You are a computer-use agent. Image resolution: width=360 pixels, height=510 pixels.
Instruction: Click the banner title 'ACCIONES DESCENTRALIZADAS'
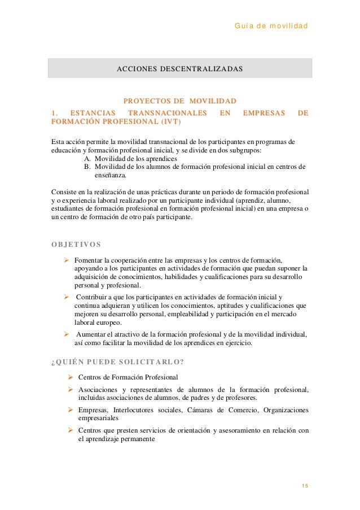pos(179,69)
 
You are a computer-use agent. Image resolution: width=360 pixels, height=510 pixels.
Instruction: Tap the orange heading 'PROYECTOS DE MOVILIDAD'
pos(179,101)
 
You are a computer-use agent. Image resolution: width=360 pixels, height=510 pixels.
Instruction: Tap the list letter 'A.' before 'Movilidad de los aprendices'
pos(87,159)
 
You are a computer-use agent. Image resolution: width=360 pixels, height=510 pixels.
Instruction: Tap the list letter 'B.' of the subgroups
pos(87,167)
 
